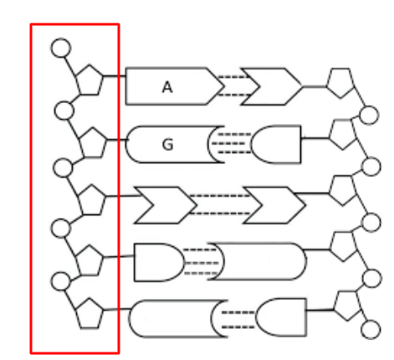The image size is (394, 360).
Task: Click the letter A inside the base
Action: point(167,87)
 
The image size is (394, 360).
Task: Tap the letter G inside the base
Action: point(167,145)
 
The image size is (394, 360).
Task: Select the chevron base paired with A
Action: point(271,86)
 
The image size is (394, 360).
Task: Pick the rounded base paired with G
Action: point(276,145)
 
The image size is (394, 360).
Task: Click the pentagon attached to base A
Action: point(90,80)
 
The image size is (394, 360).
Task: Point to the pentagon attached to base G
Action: point(93,142)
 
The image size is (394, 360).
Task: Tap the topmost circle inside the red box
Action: point(61,48)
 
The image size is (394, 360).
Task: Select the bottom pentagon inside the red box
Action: point(90,313)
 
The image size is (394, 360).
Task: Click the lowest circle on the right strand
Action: point(371,330)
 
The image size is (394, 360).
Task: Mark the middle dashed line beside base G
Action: point(228,143)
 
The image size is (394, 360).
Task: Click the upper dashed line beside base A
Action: point(233,77)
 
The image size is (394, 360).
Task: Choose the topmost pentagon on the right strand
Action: point(340,83)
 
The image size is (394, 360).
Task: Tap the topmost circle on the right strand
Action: point(369,116)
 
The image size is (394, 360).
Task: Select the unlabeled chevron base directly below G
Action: point(166,205)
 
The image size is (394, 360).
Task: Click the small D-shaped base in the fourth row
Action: point(159,262)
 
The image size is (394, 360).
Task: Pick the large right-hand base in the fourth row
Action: point(258,261)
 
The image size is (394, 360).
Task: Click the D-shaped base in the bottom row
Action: point(281,317)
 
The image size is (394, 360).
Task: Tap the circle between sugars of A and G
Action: point(64,111)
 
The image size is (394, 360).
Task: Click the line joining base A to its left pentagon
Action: point(115,75)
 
